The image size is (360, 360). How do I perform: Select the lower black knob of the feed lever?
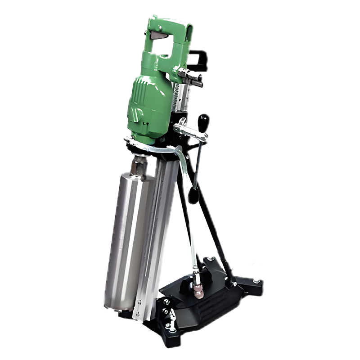193,196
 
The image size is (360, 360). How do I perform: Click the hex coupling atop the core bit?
139,166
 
